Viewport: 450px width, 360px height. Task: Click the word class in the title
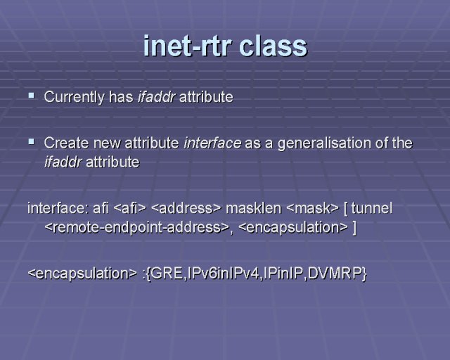pyautogui.click(x=273, y=46)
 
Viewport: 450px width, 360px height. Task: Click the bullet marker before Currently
pyautogui.click(x=31, y=95)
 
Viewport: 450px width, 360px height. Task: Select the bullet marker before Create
pyautogui.click(x=31, y=141)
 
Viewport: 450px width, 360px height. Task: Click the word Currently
pyautogui.click(x=74, y=97)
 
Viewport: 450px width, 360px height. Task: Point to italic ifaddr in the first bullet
pyautogui.click(x=156, y=97)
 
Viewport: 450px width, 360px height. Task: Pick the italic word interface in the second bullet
pyautogui.click(x=212, y=143)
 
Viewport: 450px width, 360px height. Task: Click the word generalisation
pyautogui.click(x=324, y=143)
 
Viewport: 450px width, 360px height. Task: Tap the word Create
pyautogui.click(x=66, y=143)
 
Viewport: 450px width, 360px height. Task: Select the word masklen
pyautogui.click(x=253, y=208)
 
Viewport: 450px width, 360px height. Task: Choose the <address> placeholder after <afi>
pyautogui.click(x=186, y=208)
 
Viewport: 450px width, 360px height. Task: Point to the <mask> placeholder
pyautogui.click(x=312, y=208)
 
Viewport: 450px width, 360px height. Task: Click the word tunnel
pyautogui.click(x=371, y=208)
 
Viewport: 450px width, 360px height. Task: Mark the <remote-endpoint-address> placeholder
pyautogui.click(x=137, y=228)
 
